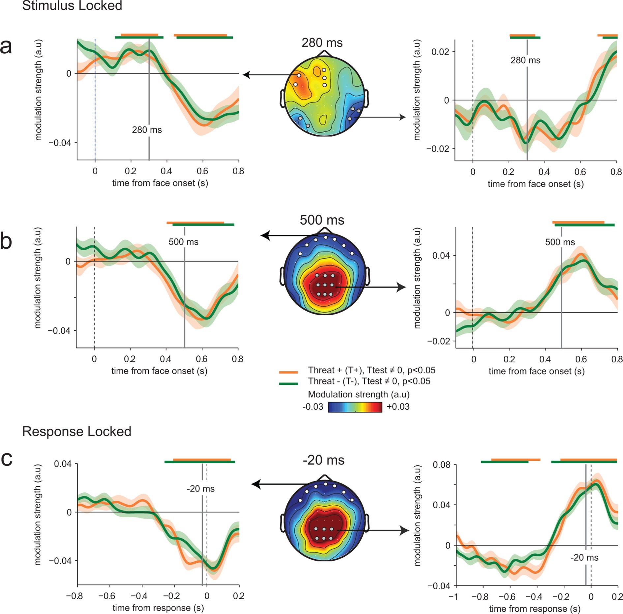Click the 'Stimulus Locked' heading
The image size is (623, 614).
tap(72, 6)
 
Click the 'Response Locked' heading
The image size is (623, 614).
tap(76, 432)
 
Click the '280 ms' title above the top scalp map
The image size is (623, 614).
tap(322, 43)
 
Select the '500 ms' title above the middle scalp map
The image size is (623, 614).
tap(322, 220)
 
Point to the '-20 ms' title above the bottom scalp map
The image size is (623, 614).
tap(323, 460)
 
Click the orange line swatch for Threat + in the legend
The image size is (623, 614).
tap(288, 372)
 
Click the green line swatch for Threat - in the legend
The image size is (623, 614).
tap(288, 383)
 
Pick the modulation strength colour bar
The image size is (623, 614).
tap(355, 407)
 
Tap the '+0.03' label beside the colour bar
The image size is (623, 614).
tap(398, 407)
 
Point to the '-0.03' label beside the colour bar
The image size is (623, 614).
tap(313, 407)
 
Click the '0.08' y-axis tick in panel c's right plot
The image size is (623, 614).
tap(441, 465)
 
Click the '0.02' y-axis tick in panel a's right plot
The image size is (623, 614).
tap(440, 52)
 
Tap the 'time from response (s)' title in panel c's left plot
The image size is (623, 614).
tap(158, 608)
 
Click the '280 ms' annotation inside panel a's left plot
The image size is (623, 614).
tap(147, 130)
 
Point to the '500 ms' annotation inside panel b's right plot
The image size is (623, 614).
tap(560, 242)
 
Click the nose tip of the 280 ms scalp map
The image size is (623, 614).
tap(325, 51)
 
